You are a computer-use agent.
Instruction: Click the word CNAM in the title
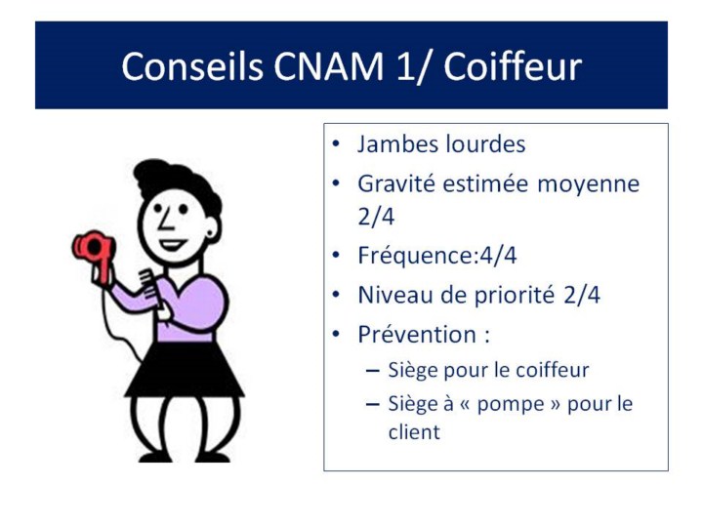coord(329,66)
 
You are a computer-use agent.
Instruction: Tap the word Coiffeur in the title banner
coord(513,66)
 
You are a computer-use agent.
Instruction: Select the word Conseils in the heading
coord(192,66)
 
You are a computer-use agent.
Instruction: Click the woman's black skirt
coord(185,370)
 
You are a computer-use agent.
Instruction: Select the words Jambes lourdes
coord(441,144)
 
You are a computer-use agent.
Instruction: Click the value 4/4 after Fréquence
coord(498,256)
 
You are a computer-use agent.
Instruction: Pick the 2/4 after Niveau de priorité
coord(582,296)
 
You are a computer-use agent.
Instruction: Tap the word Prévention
coord(417,335)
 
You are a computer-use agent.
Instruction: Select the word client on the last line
coord(414,432)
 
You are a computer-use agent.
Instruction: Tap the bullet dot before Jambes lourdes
coord(336,144)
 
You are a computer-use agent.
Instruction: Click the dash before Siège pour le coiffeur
coord(373,371)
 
